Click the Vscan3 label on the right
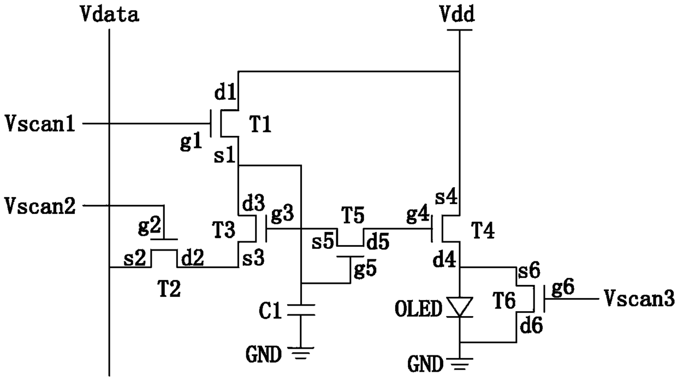tap(639, 299)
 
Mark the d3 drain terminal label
tap(253, 206)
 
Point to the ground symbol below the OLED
tap(460, 362)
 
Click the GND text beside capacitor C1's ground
tap(264, 356)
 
